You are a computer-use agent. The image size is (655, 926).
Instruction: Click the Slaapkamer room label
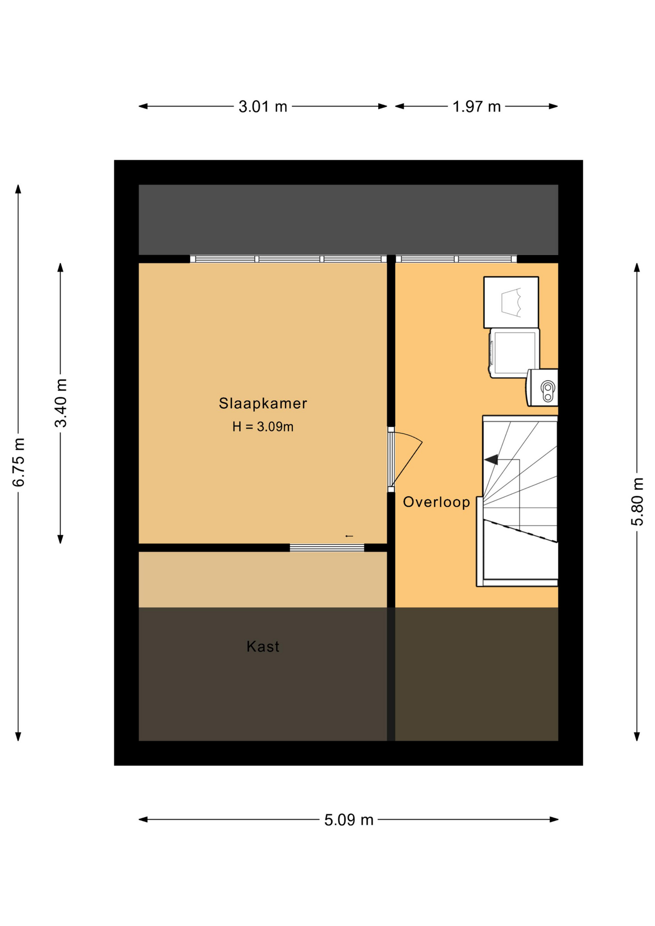point(263,403)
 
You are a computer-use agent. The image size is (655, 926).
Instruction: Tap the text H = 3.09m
point(263,427)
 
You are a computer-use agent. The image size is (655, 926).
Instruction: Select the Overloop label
point(437,502)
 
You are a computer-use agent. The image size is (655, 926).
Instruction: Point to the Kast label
point(263,646)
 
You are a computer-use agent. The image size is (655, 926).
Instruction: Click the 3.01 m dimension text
point(263,107)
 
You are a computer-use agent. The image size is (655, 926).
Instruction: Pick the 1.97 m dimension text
point(477,107)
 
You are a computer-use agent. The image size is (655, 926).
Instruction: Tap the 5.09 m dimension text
point(349,820)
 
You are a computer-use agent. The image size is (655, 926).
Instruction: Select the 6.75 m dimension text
point(18,463)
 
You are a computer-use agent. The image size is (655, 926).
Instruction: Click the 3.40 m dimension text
point(61,403)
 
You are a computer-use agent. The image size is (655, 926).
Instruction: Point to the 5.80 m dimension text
point(637,502)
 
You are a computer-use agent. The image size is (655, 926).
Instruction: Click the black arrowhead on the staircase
point(491,460)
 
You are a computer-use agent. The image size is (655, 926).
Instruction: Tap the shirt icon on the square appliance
point(511,302)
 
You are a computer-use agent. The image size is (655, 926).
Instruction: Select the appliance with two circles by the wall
point(542,388)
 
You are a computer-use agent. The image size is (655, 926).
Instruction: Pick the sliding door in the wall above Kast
point(327,547)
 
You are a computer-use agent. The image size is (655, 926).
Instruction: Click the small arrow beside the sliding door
point(349,536)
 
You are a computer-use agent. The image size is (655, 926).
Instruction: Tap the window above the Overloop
point(456,259)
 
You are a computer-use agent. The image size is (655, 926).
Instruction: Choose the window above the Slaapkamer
point(288,259)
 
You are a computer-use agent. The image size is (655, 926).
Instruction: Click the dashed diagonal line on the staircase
point(521,531)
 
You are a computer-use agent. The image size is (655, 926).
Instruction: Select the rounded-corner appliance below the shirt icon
point(514,353)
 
